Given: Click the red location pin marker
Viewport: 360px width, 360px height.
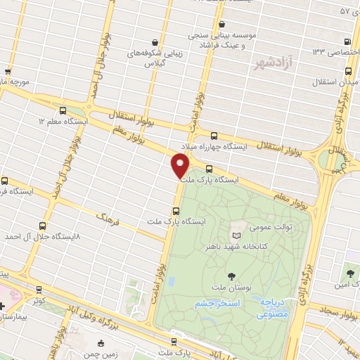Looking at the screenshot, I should (x=181, y=166).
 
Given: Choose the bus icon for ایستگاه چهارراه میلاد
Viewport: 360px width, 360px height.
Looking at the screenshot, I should (x=214, y=136).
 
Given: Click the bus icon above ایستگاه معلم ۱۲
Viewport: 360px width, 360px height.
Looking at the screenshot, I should (x=63, y=110).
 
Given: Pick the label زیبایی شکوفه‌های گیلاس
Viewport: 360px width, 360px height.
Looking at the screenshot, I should (x=150, y=58).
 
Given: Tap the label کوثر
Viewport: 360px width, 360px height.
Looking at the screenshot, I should (x=38, y=300).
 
